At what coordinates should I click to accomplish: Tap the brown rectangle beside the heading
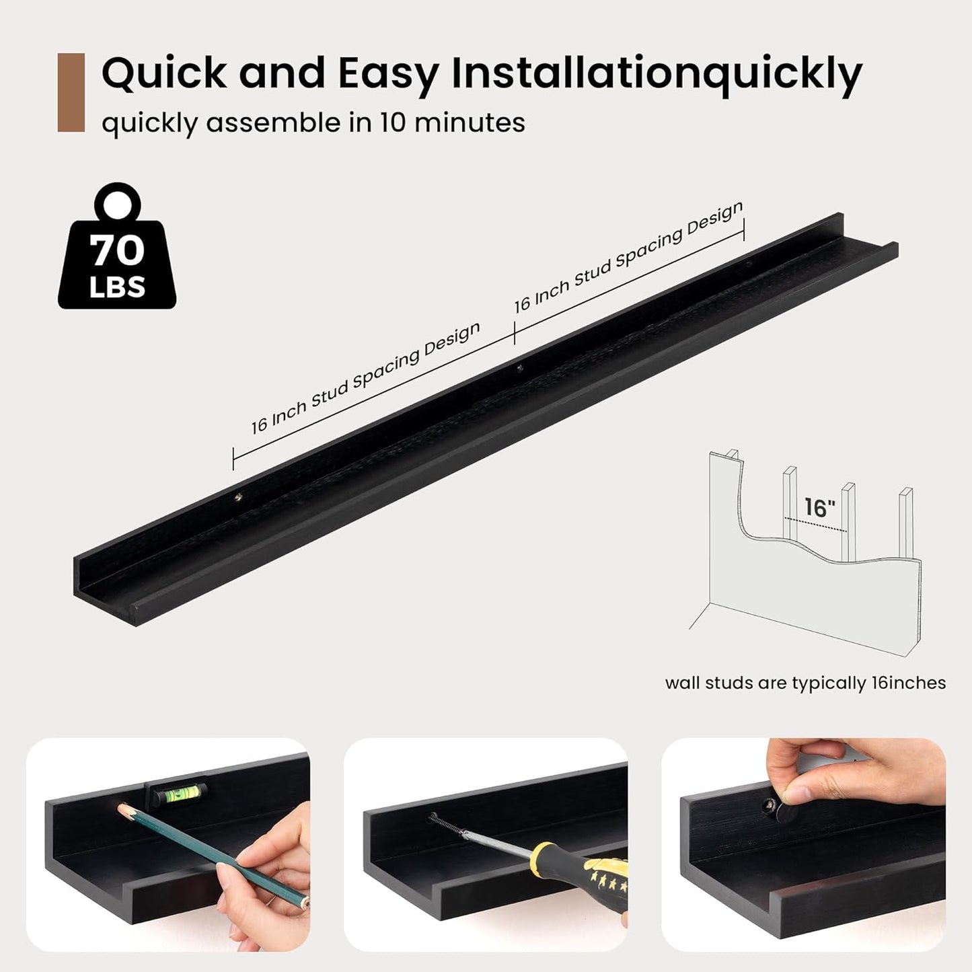[71, 92]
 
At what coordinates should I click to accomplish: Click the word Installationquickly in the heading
[657, 75]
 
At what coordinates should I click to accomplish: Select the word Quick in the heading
[164, 73]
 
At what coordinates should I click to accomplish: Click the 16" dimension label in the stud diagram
[819, 507]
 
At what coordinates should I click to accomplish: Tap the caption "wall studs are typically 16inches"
[805, 683]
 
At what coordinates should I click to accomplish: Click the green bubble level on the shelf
[180, 794]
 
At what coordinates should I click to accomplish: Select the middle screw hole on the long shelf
[519, 369]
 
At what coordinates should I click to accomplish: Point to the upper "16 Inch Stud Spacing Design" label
[629, 257]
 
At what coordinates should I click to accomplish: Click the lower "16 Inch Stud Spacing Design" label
[366, 378]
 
